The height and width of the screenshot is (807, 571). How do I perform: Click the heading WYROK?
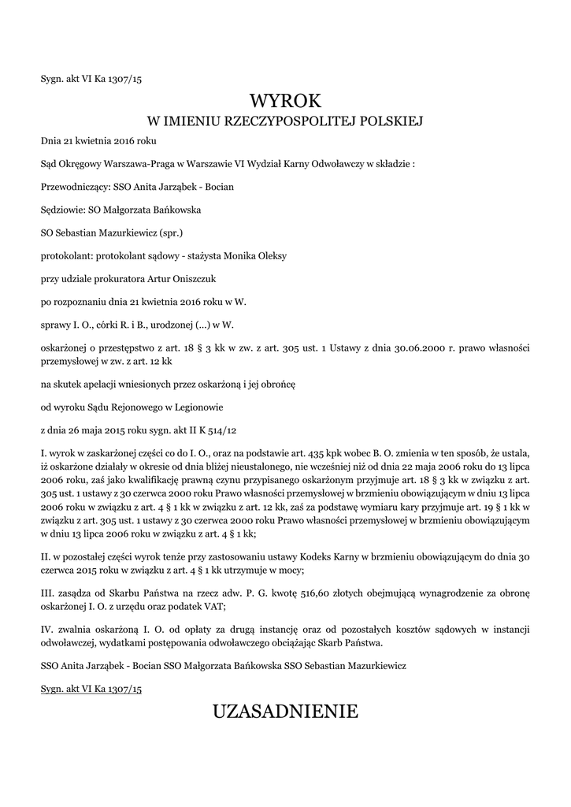coord(285,101)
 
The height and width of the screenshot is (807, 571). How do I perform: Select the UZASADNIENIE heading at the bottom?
coord(285,712)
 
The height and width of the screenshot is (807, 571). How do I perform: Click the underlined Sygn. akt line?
coord(91,688)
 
